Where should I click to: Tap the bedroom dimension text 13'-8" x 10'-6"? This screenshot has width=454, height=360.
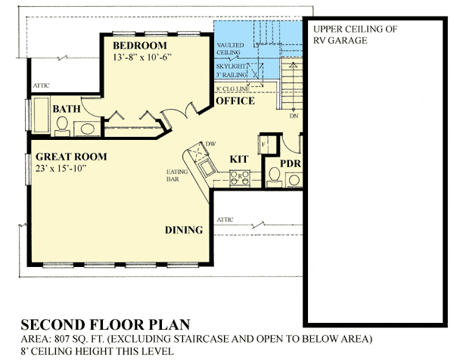[145, 57]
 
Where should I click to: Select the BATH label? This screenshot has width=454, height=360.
[67, 110]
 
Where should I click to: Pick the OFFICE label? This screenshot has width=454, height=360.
[235, 101]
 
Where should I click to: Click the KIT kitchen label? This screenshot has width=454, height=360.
[239, 160]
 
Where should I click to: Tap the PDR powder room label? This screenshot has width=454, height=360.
[291, 163]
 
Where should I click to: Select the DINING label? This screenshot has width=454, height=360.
[184, 231]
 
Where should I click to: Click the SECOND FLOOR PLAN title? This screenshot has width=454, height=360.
[104, 324]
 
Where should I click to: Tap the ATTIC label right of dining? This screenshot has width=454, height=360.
[225, 219]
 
